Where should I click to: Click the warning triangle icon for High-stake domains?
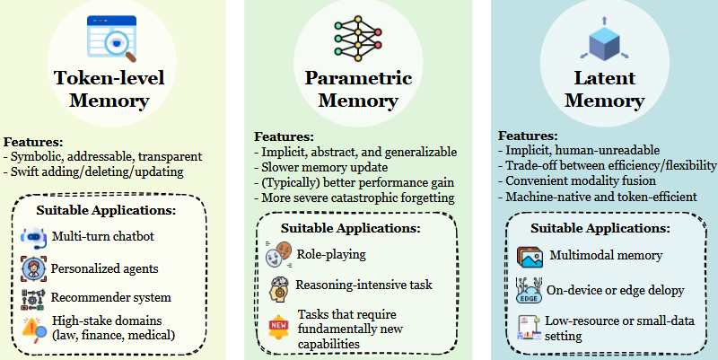point(32,329)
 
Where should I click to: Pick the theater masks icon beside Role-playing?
point(279,254)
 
